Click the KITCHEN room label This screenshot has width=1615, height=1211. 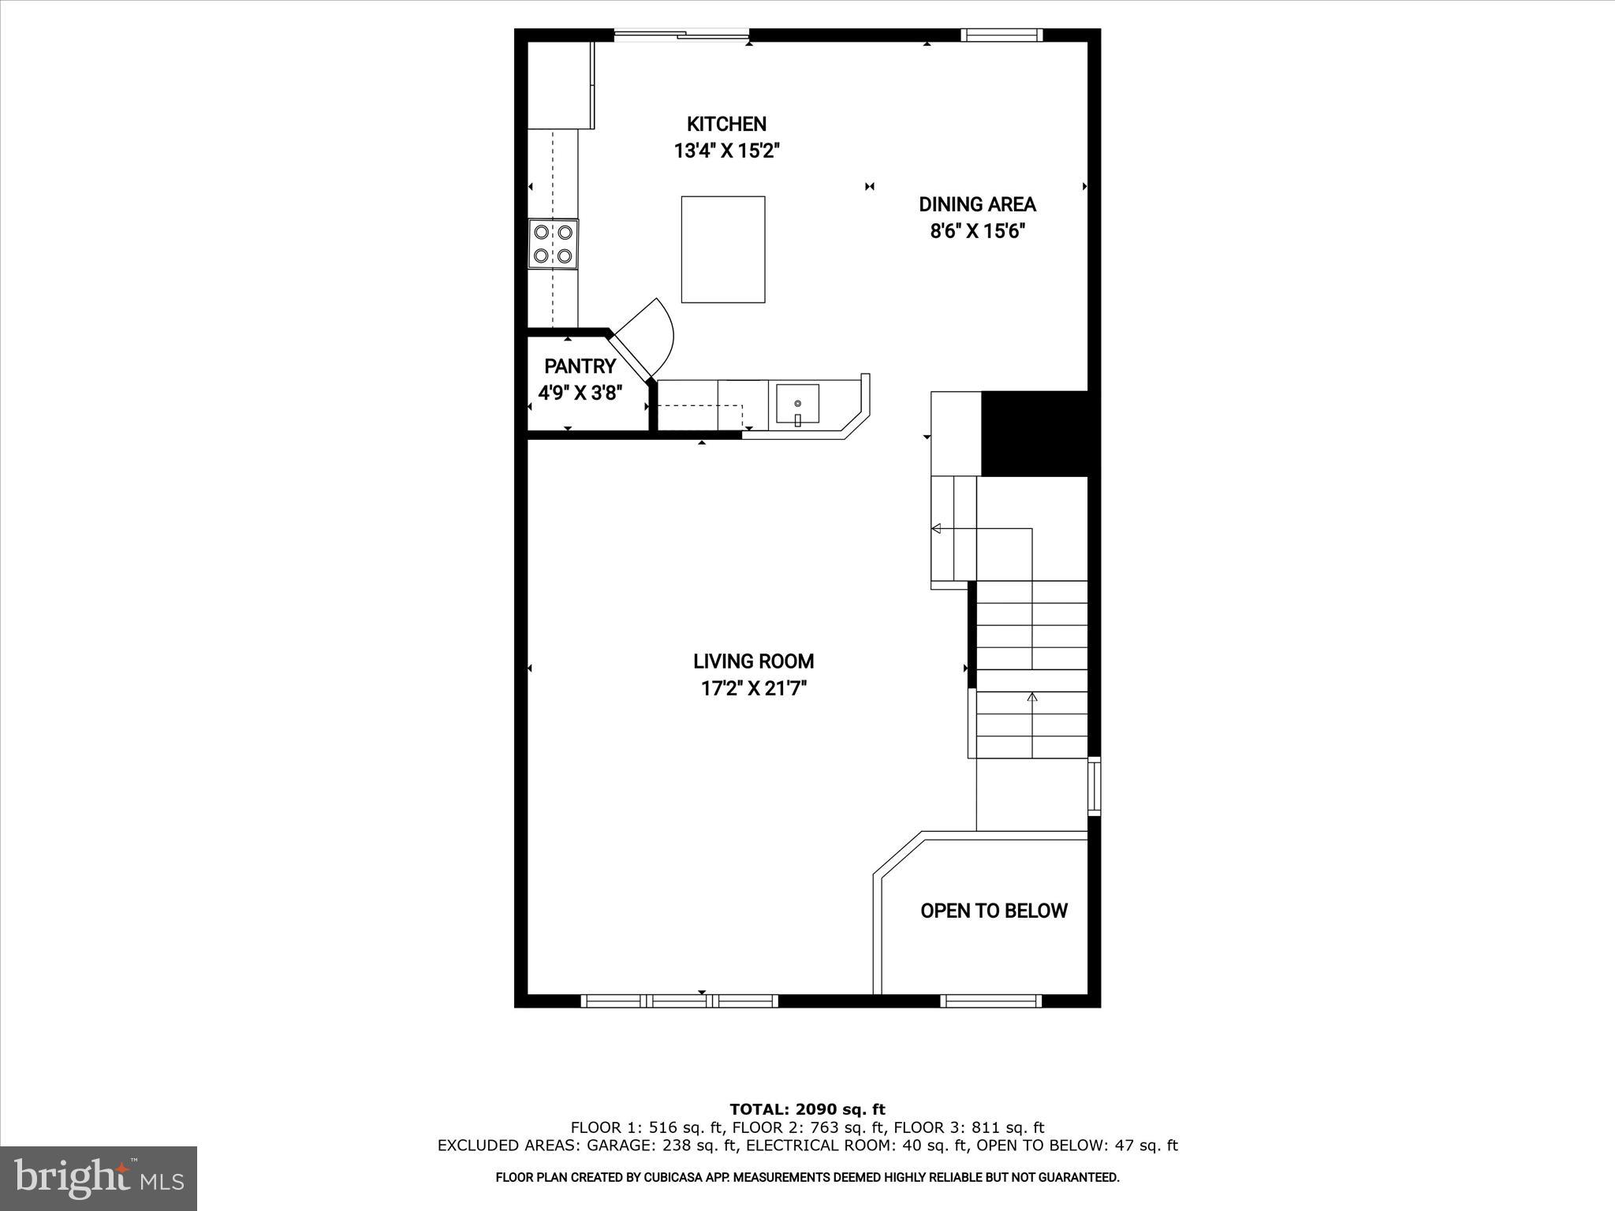726,124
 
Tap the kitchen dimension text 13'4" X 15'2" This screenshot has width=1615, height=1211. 726,151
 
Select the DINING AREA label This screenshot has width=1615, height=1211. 977,205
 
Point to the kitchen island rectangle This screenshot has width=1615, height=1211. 723,249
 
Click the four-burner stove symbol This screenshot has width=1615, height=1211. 553,244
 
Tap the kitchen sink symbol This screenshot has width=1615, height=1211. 797,404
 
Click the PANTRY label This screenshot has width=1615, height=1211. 580,366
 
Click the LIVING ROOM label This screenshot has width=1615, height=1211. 753,661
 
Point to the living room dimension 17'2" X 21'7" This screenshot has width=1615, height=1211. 753,689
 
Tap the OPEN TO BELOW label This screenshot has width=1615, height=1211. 994,911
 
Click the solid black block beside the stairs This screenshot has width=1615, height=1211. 1034,434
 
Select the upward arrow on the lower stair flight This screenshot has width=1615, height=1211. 1032,698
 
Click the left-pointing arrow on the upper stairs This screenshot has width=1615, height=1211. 937,528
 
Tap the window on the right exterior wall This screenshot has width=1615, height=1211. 1094,785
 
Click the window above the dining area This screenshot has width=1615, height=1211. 1001,35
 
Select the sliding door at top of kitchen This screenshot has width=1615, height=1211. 681,34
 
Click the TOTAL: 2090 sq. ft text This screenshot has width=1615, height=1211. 807,1110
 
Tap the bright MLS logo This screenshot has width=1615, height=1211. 99,1179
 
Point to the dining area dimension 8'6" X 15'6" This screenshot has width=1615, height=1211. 977,232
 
